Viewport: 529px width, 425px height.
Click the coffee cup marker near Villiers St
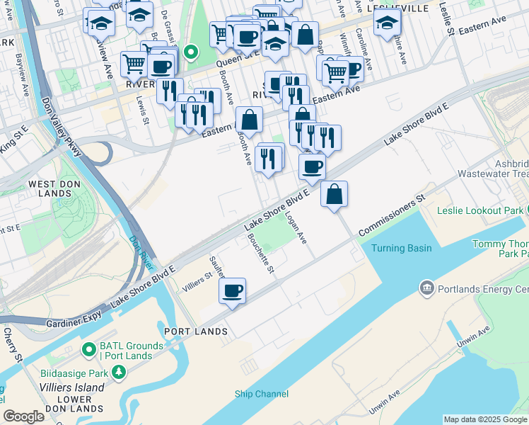pyautogui.click(x=233, y=290)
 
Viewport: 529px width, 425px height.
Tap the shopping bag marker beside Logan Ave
pyautogui.click(x=334, y=193)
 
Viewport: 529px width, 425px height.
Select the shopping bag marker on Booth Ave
pyautogui.click(x=249, y=119)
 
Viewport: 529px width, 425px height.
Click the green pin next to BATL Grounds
pyautogui.click(x=89, y=349)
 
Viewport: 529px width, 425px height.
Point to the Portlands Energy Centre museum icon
pyautogui.click(x=426, y=288)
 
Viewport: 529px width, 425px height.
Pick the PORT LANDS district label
pyautogui.click(x=196, y=331)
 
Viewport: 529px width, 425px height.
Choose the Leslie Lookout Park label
pyautogui.click(x=480, y=210)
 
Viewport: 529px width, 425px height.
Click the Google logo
pyautogui.click(x=23, y=416)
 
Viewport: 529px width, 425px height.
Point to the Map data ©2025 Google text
pyautogui.click(x=485, y=419)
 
